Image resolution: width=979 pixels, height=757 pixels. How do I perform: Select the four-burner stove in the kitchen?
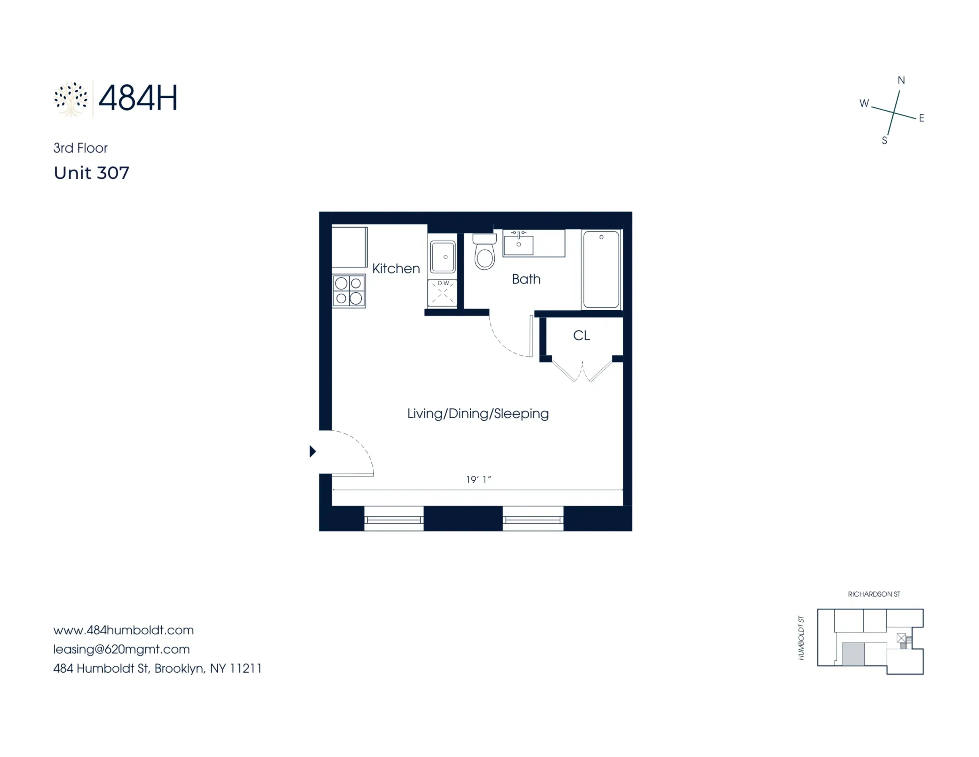point(349,291)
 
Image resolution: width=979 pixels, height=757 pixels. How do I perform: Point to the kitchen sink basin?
point(443,257)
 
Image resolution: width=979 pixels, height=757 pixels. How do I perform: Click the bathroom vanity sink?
point(519,244)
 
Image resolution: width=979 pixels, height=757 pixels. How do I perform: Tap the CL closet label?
point(581,335)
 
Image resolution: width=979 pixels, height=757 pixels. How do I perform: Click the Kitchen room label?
point(396,269)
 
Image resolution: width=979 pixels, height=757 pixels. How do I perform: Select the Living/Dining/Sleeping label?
point(478,414)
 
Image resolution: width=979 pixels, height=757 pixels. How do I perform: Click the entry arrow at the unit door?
point(312,451)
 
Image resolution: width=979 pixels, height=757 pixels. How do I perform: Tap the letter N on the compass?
point(901,80)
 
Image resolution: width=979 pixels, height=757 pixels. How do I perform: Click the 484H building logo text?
point(138,98)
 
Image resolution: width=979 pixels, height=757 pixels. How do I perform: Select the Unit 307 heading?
point(91,173)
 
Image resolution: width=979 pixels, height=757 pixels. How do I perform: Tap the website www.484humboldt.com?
point(123,630)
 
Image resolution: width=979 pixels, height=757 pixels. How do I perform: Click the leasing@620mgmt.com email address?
point(121,649)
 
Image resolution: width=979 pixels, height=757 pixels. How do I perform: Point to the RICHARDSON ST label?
point(874,594)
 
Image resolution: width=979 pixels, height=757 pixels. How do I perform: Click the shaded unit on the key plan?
point(853,654)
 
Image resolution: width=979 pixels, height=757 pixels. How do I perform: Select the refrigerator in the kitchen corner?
point(349,247)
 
